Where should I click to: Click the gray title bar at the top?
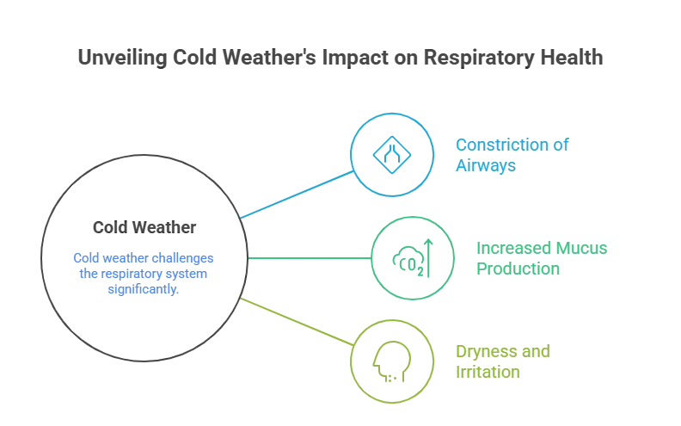coord(340,59)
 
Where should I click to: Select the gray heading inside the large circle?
coord(144,228)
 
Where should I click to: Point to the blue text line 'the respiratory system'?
coord(144,275)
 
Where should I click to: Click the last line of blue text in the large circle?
coord(144,290)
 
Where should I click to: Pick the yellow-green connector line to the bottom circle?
coord(297,321)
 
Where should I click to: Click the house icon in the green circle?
coord(409,257)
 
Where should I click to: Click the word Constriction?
coord(499,145)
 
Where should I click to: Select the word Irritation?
coord(487,373)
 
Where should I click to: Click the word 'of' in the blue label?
coord(559,145)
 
